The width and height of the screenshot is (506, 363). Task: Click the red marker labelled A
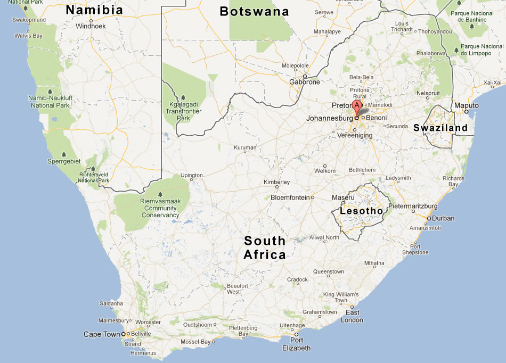tap(357, 105)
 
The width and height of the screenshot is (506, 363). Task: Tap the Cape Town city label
tap(101, 334)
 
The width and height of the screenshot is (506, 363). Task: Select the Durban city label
tap(443, 218)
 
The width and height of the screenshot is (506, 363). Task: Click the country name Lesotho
tap(364, 211)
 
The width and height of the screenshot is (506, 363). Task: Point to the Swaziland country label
tap(440, 128)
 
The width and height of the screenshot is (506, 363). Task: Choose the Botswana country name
tap(254, 12)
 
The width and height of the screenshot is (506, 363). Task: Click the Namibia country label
tap(94, 10)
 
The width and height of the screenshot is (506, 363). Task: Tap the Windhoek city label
tap(91, 26)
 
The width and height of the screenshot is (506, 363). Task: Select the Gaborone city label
tap(305, 82)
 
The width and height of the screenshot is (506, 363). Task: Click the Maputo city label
tap(467, 105)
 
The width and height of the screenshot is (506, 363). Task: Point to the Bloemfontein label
tap(290, 197)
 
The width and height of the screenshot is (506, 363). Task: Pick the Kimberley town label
tap(276, 182)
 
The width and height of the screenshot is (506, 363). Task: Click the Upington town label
tap(192, 175)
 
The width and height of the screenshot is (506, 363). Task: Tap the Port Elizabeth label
tap(297, 344)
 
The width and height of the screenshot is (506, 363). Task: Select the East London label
tap(352, 316)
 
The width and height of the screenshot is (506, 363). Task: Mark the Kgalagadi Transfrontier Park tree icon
tap(183, 98)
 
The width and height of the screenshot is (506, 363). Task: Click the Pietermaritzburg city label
tap(413, 206)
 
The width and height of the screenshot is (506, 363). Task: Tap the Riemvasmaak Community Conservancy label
tap(160, 208)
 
